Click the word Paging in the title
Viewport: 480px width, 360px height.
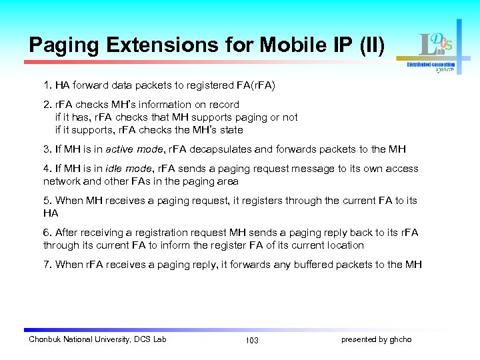coord(63,45)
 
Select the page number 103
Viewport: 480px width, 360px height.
coord(252,340)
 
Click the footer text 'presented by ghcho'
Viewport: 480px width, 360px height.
coord(376,339)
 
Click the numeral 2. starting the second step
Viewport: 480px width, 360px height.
coord(47,105)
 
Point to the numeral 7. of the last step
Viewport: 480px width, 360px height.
coord(47,265)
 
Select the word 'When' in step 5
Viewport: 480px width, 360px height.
coord(70,201)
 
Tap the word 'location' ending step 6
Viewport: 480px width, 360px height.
coord(343,245)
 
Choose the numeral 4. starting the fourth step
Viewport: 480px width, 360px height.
coord(47,169)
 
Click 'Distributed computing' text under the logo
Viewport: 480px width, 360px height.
coord(431,65)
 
